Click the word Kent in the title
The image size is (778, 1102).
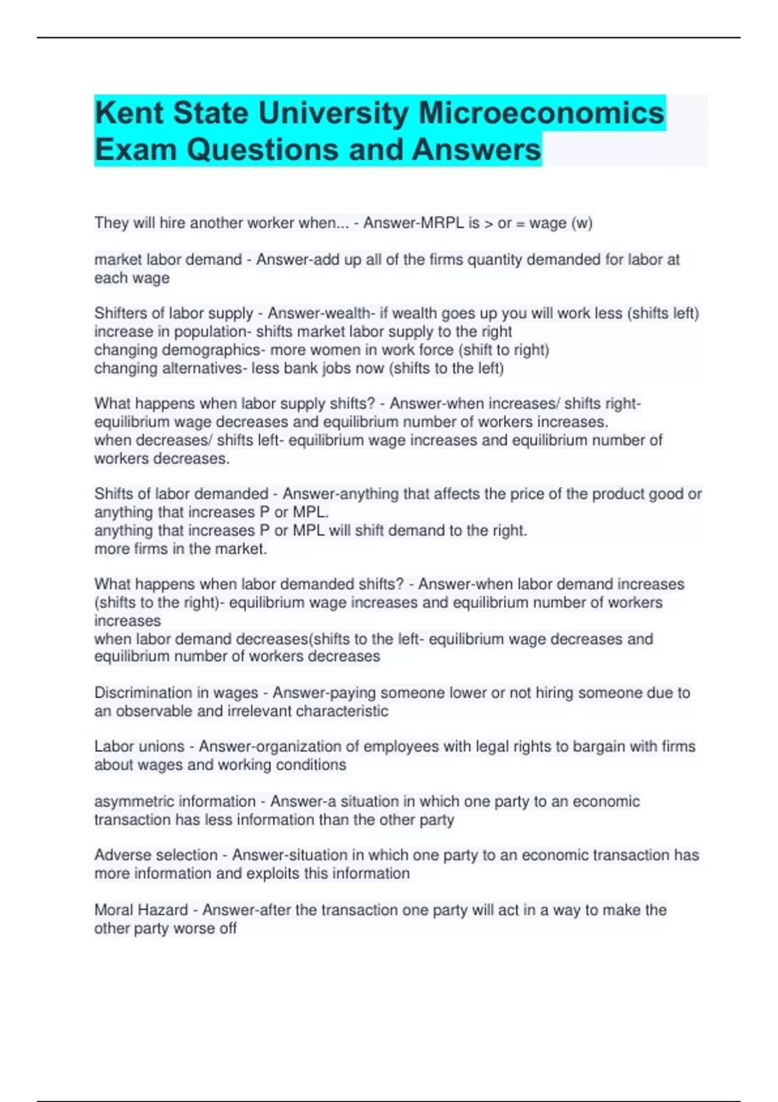point(127,113)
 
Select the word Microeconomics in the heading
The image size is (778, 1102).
point(541,113)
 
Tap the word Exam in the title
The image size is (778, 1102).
point(136,150)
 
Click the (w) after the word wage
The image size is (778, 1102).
point(582,223)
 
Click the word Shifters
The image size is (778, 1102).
point(124,313)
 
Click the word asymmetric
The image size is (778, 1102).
point(133,801)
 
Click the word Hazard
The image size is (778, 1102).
point(165,910)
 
